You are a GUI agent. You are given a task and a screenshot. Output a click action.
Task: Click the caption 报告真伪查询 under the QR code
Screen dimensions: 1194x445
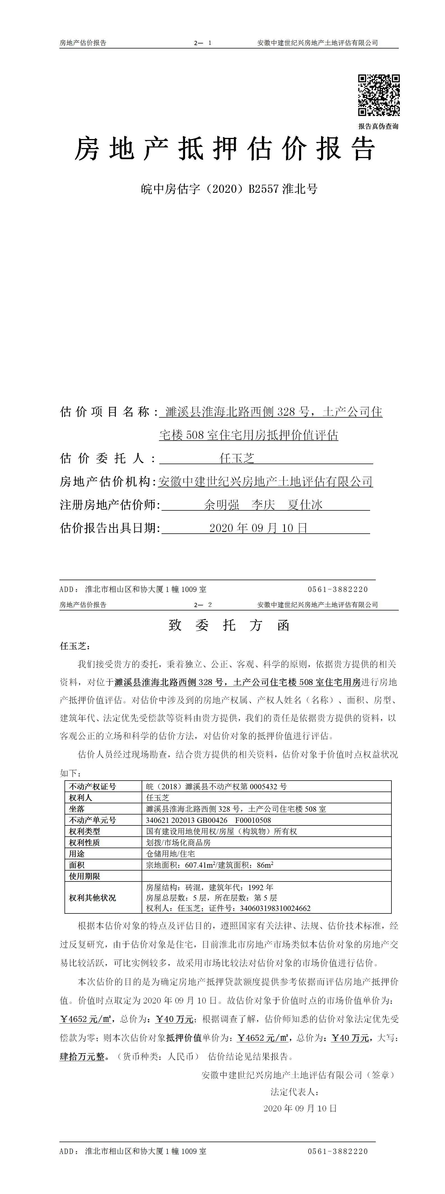click(378, 126)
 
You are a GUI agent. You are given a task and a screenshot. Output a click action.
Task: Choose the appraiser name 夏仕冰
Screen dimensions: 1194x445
click(305, 505)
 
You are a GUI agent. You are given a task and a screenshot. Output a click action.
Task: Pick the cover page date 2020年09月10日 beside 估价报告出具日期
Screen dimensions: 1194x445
click(258, 528)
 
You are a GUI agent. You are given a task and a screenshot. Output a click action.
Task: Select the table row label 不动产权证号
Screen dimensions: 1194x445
click(92, 786)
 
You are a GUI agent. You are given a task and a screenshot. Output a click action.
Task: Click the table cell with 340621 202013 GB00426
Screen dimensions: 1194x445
click(209, 820)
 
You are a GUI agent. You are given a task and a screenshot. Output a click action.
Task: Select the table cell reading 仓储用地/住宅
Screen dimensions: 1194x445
click(170, 853)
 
